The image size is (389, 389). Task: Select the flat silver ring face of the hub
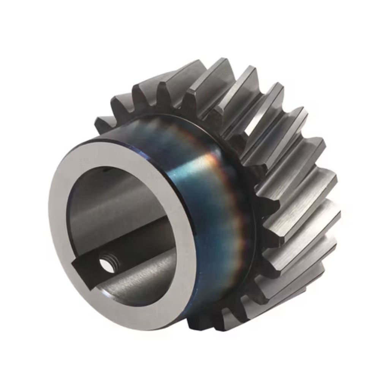(x=63, y=228)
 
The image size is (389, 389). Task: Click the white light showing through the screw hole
(x=106, y=265)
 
